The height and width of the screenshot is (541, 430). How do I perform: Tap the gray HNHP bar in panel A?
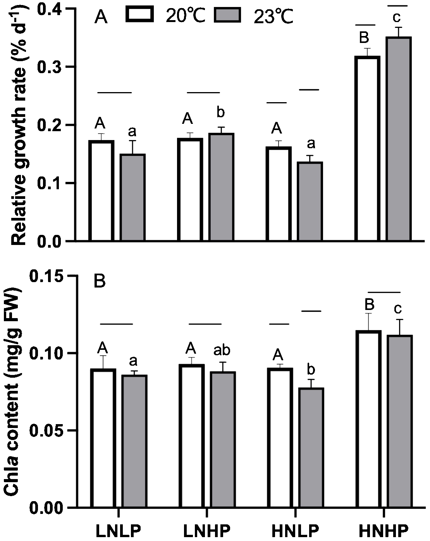point(399,139)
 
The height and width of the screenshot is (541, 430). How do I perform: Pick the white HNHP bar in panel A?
point(367,149)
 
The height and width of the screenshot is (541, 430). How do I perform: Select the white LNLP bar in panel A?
point(101,191)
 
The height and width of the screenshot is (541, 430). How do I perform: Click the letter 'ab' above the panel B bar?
point(222,350)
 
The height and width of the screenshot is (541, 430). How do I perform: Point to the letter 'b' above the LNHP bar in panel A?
point(220,113)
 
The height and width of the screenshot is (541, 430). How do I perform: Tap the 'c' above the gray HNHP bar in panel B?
point(398,309)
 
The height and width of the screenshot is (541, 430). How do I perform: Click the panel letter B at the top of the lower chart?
point(100,281)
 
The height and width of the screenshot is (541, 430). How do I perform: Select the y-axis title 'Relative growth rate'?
point(19,128)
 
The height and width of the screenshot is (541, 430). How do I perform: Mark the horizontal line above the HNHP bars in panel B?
point(384,292)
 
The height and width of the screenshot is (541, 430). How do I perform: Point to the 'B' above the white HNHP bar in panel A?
point(364,38)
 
